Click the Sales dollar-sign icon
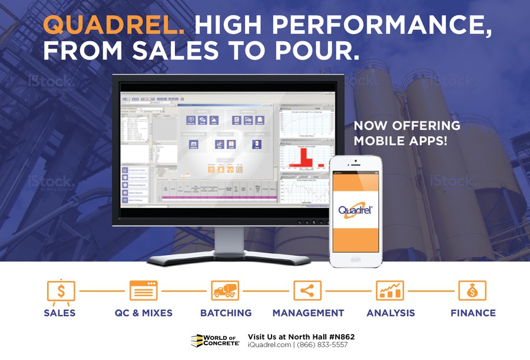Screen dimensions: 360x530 (x=60, y=290)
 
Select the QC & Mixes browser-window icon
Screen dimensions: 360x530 (x=144, y=290)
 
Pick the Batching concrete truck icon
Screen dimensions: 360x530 (x=226, y=290)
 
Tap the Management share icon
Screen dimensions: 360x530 (x=307, y=290)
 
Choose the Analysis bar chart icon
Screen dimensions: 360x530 (x=390, y=290)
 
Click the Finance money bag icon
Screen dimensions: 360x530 (x=472, y=290)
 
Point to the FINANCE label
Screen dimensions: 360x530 (x=473, y=313)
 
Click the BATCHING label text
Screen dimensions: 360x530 (x=226, y=313)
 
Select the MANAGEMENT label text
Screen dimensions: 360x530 (x=308, y=313)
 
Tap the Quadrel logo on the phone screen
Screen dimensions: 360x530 (x=355, y=210)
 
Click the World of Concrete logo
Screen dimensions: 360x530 (x=215, y=340)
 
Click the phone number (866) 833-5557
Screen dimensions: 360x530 (x=323, y=345)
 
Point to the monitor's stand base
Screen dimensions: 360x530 (x=229, y=257)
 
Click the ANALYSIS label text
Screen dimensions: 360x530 (x=390, y=313)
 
